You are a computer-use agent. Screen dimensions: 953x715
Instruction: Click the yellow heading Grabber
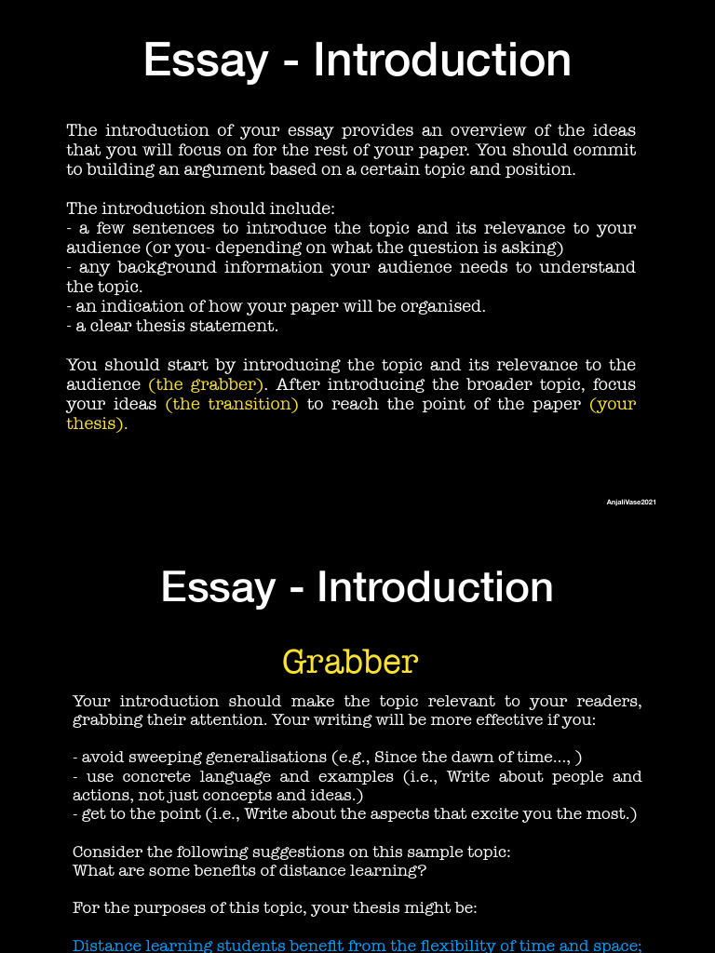click(350, 662)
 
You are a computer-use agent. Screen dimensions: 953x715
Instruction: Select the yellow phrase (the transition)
click(232, 404)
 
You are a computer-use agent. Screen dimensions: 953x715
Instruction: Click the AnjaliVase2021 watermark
click(631, 503)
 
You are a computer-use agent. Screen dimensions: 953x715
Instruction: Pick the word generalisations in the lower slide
click(265, 758)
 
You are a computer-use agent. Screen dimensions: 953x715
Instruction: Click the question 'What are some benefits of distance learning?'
click(250, 870)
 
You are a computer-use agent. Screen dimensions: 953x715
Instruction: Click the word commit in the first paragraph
click(609, 150)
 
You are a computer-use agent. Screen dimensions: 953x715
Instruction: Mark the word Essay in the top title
click(206, 60)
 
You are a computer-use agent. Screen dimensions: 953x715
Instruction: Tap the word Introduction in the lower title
click(435, 587)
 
